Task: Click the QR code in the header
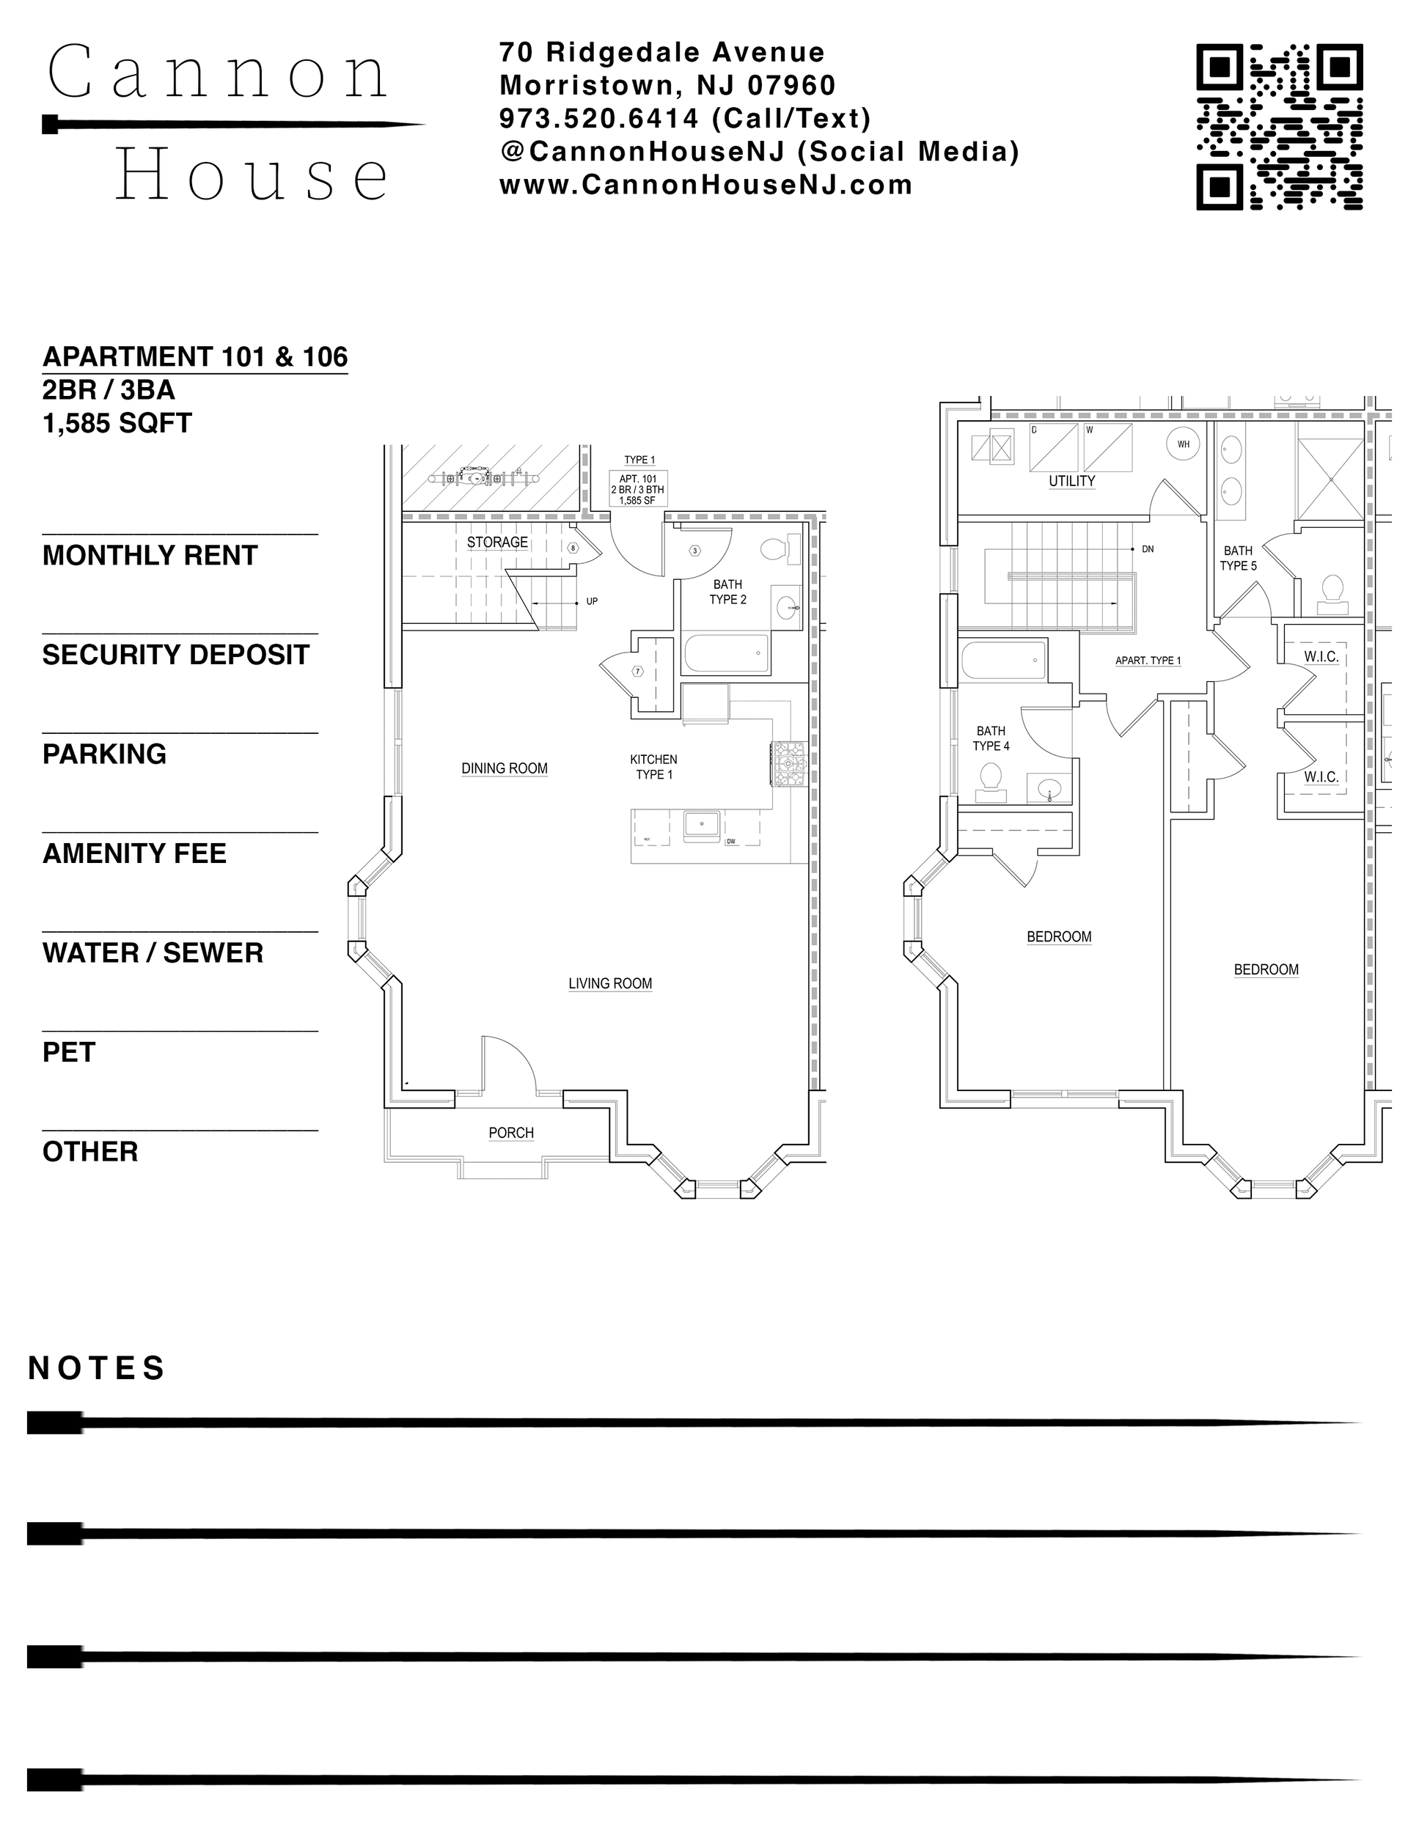[1279, 127]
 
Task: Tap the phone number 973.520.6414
[598, 120]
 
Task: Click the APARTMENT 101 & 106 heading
[195, 357]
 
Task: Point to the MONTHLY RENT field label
[150, 556]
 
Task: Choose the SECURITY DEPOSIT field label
[175, 655]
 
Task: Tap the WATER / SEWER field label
[153, 952]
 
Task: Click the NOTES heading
[97, 1368]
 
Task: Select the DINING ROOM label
[504, 768]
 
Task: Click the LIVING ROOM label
[610, 983]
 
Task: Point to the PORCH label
[511, 1133]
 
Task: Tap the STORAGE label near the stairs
[496, 543]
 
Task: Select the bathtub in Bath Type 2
[726, 654]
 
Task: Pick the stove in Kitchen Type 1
[788, 763]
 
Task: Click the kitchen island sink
[702, 824]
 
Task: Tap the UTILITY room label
[1071, 482]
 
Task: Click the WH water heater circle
[1183, 444]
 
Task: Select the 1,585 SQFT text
[117, 424]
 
